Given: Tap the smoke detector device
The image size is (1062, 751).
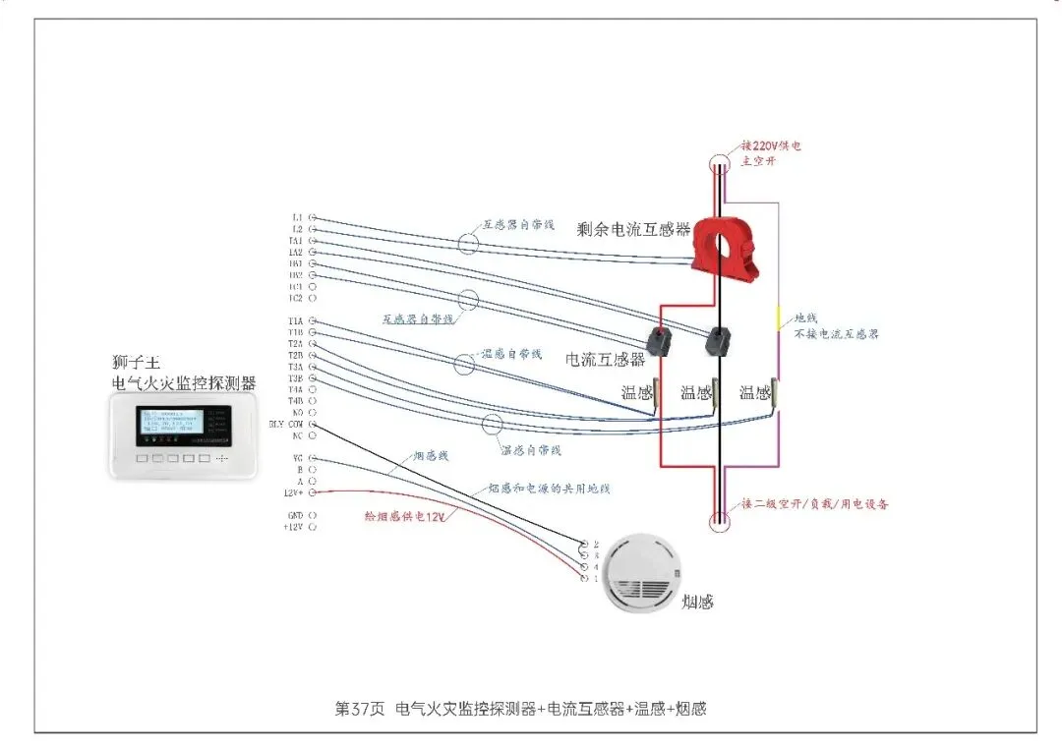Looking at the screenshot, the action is click(x=639, y=575).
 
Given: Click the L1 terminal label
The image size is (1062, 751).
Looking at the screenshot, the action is click(x=297, y=217).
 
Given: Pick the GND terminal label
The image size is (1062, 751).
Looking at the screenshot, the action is click(x=295, y=515).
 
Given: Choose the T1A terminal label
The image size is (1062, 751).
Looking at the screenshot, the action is click(x=295, y=321).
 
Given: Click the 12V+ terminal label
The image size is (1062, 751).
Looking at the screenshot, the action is click(x=293, y=492).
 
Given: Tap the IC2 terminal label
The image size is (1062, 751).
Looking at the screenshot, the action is click(x=295, y=298).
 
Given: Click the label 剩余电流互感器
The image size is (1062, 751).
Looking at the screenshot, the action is click(x=634, y=230).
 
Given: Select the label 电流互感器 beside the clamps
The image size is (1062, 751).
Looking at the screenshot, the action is click(x=605, y=360).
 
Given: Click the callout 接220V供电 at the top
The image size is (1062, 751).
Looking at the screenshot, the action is click(x=771, y=146).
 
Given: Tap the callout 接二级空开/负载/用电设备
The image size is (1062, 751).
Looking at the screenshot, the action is click(x=815, y=504).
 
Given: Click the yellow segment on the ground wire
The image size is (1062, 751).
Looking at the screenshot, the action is click(x=778, y=317).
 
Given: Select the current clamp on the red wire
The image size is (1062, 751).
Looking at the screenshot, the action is click(x=659, y=340).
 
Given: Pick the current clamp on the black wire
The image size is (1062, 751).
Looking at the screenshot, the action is click(x=719, y=340).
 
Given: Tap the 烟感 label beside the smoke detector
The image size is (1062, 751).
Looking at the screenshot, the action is click(x=697, y=602).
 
